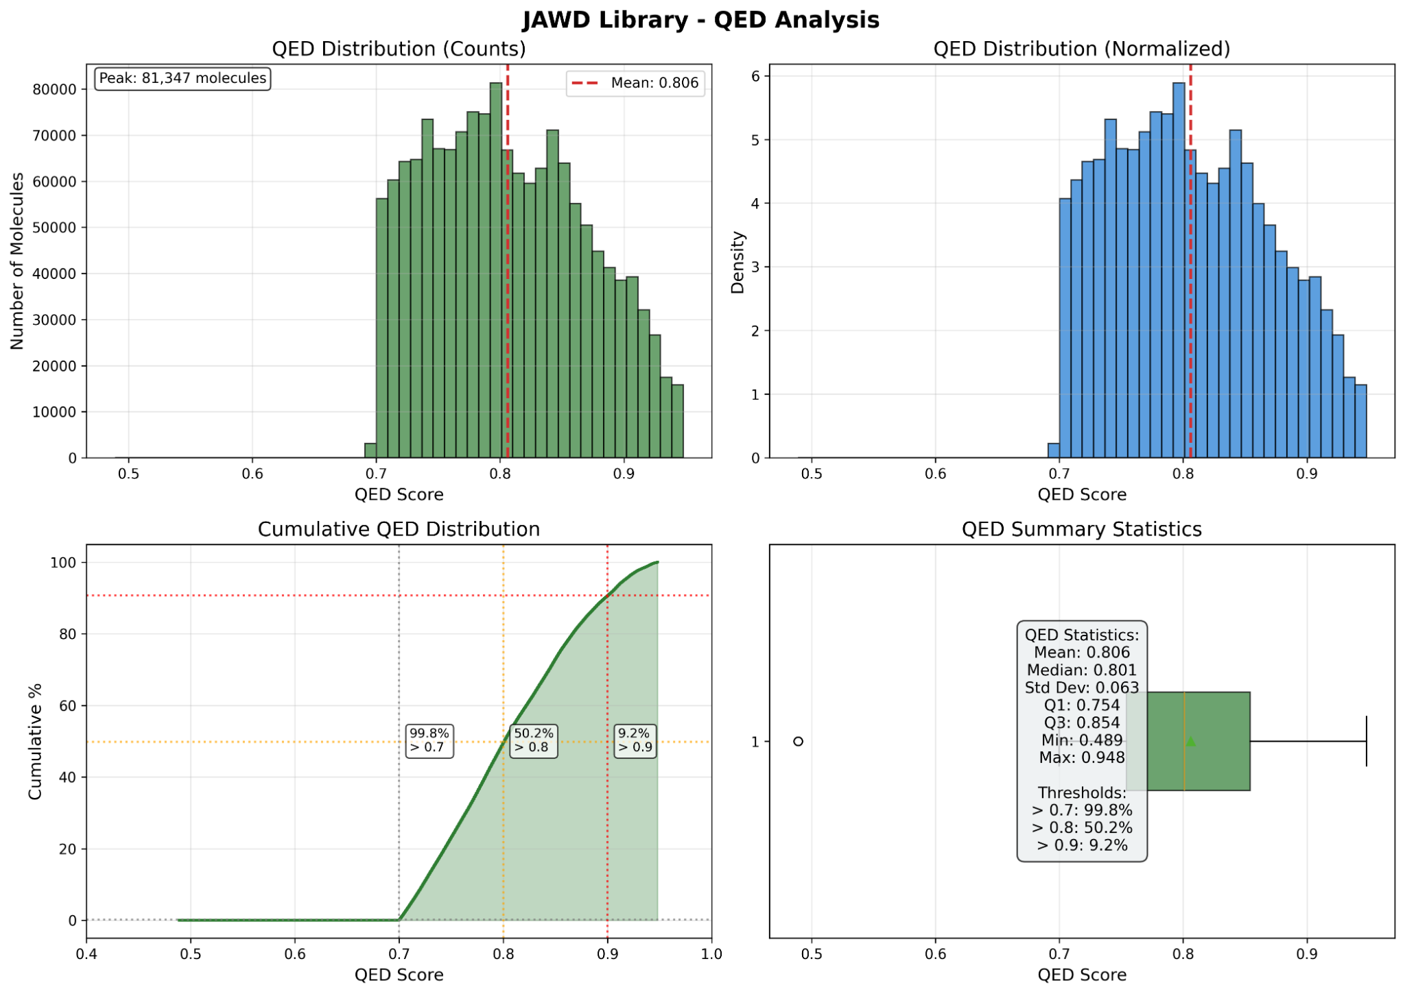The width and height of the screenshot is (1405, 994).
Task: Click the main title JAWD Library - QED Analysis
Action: (700, 19)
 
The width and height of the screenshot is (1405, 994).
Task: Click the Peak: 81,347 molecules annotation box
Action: (182, 78)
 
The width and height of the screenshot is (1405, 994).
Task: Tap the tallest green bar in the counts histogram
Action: (496, 274)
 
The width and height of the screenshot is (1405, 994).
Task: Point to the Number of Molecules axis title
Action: (18, 260)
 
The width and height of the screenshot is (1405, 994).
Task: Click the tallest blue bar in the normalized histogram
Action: (1179, 274)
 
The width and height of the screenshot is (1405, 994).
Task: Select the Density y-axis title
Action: (737, 262)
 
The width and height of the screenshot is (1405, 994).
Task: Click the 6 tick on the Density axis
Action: (755, 76)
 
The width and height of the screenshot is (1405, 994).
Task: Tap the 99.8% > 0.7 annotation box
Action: (429, 740)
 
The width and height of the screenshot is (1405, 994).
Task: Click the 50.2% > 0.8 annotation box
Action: (534, 740)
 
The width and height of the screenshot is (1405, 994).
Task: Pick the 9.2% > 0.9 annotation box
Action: (635, 740)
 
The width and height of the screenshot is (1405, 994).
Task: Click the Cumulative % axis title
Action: (35, 741)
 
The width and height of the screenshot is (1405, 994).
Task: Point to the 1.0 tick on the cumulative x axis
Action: (711, 954)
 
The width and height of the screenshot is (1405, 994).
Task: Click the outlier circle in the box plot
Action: (798, 741)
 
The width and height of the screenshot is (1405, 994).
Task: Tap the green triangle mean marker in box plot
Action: (1190, 741)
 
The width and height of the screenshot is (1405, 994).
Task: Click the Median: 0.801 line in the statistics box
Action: (1082, 670)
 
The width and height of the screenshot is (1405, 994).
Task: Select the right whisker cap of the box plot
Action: (1367, 741)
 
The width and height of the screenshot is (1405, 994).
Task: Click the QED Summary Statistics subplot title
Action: (1082, 529)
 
